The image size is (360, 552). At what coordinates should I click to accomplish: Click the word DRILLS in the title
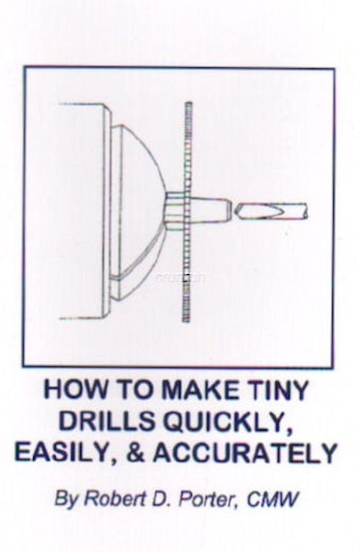[x=106, y=421]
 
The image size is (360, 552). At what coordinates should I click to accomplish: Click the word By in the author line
[x=63, y=501]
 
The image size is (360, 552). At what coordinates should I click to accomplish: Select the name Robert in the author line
[x=107, y=500]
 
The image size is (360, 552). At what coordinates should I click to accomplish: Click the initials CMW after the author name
[x=273, y=500]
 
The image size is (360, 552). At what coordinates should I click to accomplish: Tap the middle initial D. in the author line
[x=153, y=500]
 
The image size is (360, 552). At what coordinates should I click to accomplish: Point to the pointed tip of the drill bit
[x=238, y=210]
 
